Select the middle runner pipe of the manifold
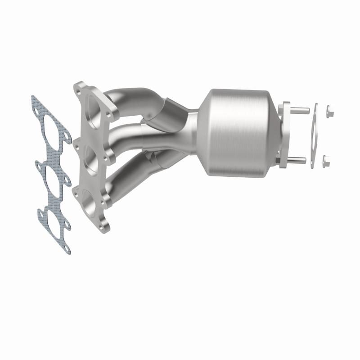point(130,135)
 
